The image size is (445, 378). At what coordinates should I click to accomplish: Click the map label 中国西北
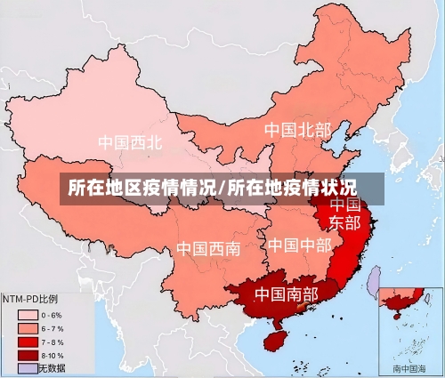131,141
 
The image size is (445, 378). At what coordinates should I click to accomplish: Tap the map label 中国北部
297,130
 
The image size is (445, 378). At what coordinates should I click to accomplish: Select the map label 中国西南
206,248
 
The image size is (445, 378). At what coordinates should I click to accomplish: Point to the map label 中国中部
299,244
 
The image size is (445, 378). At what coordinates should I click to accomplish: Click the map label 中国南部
286,293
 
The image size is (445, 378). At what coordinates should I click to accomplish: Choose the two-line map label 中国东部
345,213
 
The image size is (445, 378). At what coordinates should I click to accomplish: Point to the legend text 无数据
53,367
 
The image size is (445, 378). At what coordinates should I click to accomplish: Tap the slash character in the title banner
222,189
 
